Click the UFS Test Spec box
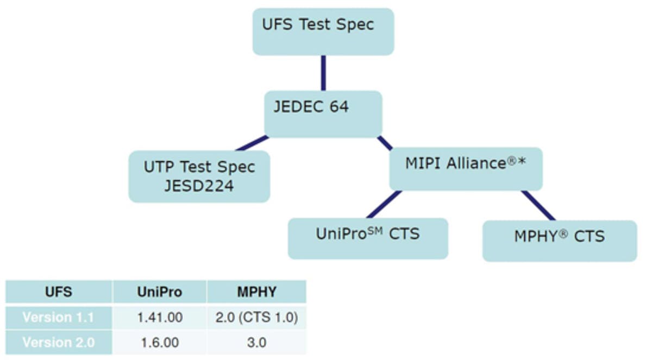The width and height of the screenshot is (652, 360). [x=323, y=31]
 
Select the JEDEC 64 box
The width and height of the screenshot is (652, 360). [x=323, y=113]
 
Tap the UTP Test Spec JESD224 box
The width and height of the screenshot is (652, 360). [x=199, y=176]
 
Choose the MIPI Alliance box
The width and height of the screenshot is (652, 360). [x=466, y=168]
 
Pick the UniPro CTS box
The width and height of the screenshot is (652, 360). [x=368, y=238]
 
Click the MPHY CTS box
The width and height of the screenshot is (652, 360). [x=559, y=240]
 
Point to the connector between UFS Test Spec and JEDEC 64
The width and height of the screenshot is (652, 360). [x=323, y=73]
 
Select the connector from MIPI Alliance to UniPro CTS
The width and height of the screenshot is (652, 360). [x=384, y=204]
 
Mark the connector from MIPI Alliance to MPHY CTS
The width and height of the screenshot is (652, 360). [x=538, y=205]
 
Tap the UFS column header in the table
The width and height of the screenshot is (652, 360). [x=59, y=292]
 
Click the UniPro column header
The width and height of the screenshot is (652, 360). [x=159, y=292]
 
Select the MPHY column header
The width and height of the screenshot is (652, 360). [x=256, y=292]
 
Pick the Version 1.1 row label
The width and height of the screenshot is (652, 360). [x=59, y=317]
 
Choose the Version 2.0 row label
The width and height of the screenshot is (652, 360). [x=59, y=343]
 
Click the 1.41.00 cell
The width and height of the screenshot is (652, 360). [x=159, y=317]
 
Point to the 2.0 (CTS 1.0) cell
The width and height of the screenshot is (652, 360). [x=256, y=317]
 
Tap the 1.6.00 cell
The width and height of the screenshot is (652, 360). [x=159, y=343]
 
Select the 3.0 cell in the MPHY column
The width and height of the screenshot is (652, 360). [x=256, y=343]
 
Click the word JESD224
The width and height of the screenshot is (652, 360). [x=199, y=186]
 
